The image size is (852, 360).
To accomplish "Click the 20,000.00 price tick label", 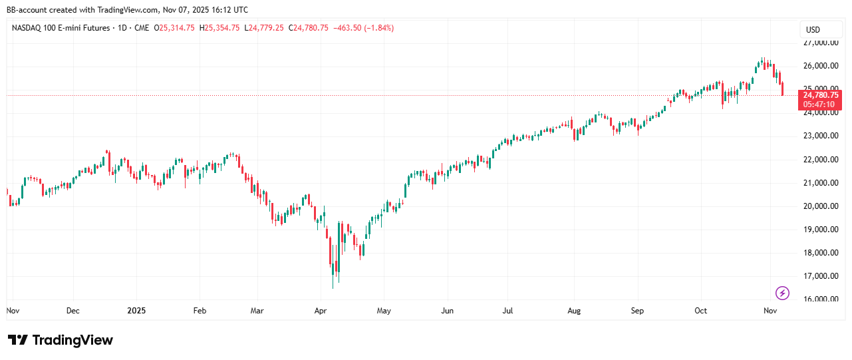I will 820,206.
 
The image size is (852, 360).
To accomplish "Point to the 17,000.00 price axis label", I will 820,276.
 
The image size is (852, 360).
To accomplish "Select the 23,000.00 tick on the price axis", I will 820,136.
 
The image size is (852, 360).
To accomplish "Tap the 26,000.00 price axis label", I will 820,66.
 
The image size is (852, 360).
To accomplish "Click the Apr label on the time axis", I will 321,311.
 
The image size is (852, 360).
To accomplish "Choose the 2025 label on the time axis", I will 136,311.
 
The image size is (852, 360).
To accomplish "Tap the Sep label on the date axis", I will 637,311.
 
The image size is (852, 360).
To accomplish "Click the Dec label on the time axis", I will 73,311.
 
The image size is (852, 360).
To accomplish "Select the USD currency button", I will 813,30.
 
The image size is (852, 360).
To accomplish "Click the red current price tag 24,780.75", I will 821,95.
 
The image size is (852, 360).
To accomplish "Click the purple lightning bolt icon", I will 783,293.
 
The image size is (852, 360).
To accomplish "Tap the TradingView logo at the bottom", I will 61,340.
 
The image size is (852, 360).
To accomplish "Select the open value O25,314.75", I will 174,28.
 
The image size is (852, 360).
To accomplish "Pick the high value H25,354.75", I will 219,28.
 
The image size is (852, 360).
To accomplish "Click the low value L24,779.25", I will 264,28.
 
